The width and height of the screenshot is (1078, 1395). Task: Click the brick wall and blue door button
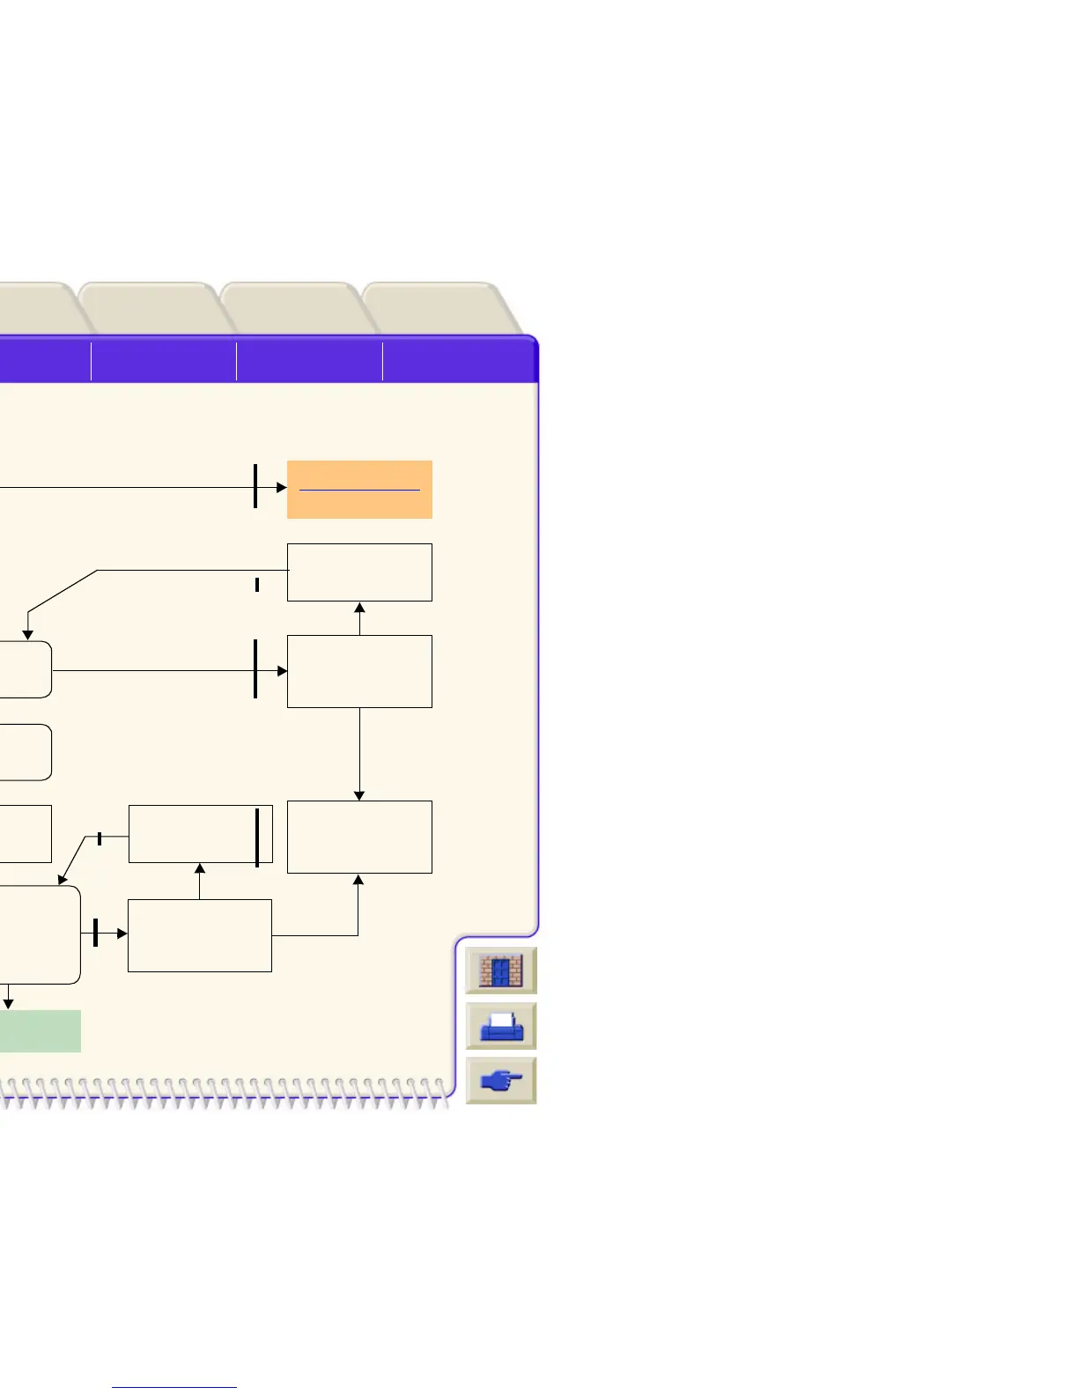click(x=500, y=971)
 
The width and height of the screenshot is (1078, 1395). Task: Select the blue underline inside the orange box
click(x=359, y=489)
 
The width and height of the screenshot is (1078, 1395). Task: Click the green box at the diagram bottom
click(x=40, y=1030)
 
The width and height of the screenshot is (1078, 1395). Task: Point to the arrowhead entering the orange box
click(x=282, y=487)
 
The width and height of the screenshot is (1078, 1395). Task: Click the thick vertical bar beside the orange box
click(x=255, y=486)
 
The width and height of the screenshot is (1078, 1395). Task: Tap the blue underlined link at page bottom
click(x=174, y=1387)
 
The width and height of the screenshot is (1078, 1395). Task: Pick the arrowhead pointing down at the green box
click(x=9, y=1003)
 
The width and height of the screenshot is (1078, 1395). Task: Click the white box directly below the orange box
click(x=359, y=572)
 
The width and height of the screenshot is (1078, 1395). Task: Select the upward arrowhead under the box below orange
click(x=359, y=608)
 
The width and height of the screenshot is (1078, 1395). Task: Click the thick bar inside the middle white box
click(x=257, y=837)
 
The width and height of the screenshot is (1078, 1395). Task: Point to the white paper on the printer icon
click(x=502, y=1022)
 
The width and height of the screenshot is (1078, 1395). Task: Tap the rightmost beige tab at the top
click(x=440, y=308)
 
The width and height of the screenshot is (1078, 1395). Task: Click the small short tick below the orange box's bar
click(x=257, y=584)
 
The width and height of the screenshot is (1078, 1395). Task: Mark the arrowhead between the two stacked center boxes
click(x=200, y=869)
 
